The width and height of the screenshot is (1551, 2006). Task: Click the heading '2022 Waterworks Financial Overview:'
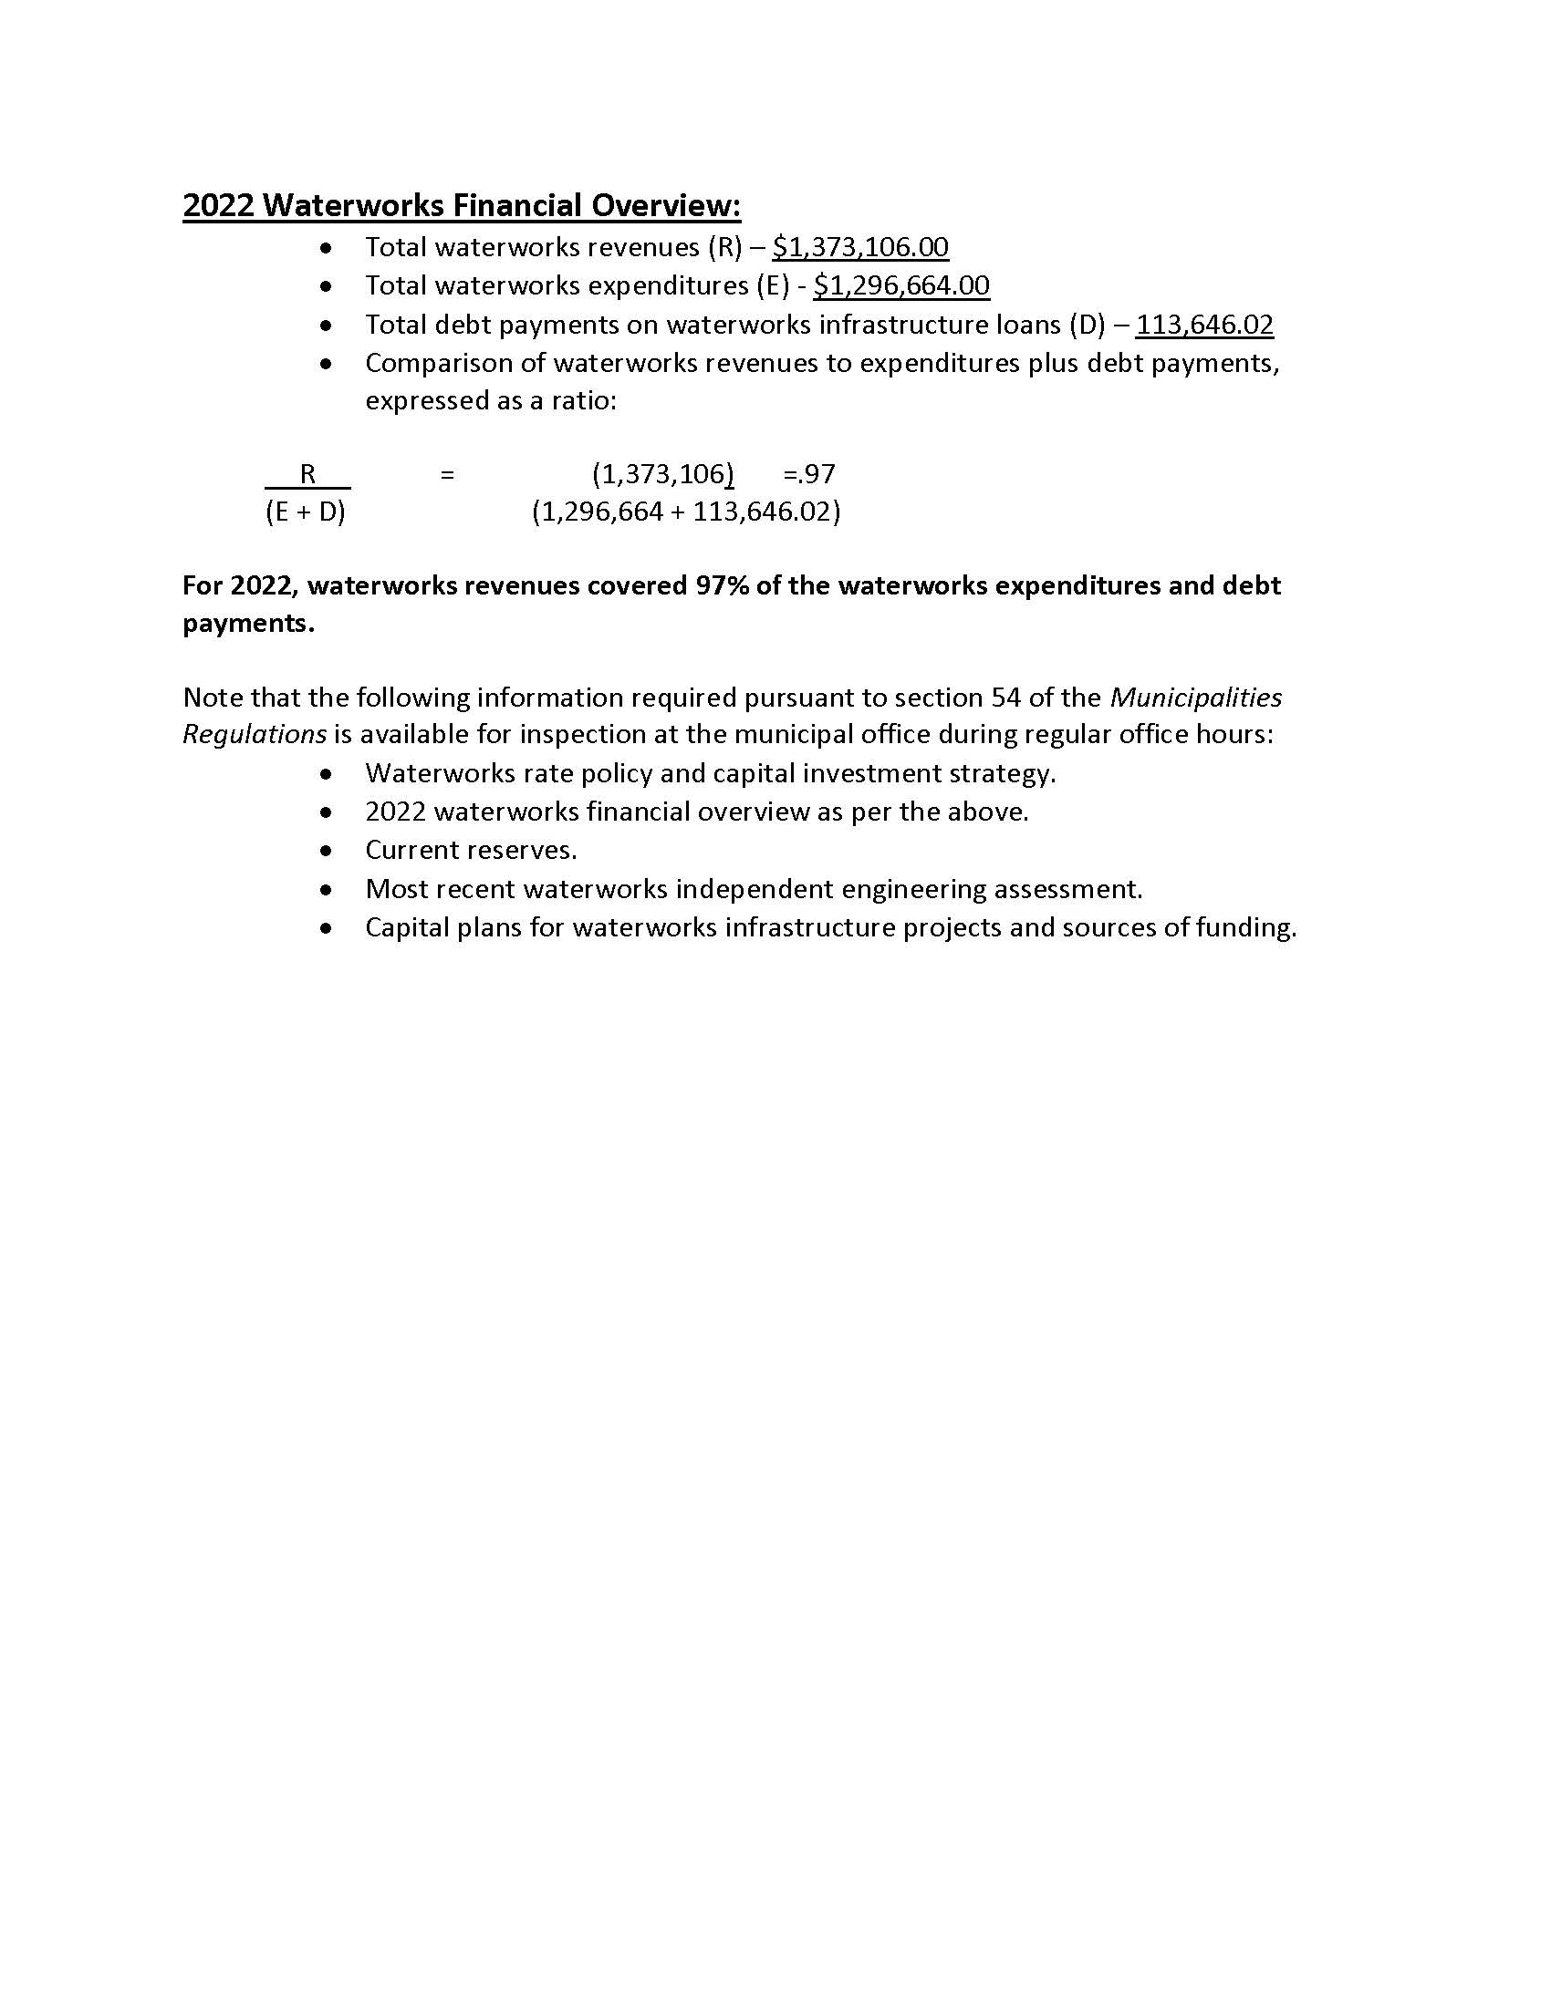(x=462, y=205)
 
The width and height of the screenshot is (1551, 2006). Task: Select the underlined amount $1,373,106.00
(x=860, y=247)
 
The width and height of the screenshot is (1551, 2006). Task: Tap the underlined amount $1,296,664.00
(x=901, y=285)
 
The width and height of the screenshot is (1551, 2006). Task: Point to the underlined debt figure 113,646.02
(x=1204, y=325)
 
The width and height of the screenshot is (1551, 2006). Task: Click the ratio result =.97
(x=808, y=474)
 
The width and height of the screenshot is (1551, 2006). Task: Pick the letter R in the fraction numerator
(x=307, y=474)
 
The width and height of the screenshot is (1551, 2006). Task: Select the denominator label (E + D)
(x=305, y=512)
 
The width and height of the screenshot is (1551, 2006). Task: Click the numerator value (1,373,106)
(x=662, y=474)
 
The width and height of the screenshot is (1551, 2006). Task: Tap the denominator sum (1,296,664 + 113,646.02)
(x=686, y=512)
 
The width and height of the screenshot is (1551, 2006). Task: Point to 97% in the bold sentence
(x=723, y=586)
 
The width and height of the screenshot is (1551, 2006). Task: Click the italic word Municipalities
(x=1195, y=698)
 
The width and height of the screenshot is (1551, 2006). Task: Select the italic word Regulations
(x=255, y=734)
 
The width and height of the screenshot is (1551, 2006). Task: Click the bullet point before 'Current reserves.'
(x=327, y=852)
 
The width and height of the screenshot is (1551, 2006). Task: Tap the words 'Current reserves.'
(x=472, y=851)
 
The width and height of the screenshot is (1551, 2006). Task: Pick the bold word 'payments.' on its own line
(x=248, y=623)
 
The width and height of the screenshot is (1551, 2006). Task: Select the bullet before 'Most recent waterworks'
(x=327, y=890)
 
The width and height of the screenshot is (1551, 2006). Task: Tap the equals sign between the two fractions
(x=447, y=475)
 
